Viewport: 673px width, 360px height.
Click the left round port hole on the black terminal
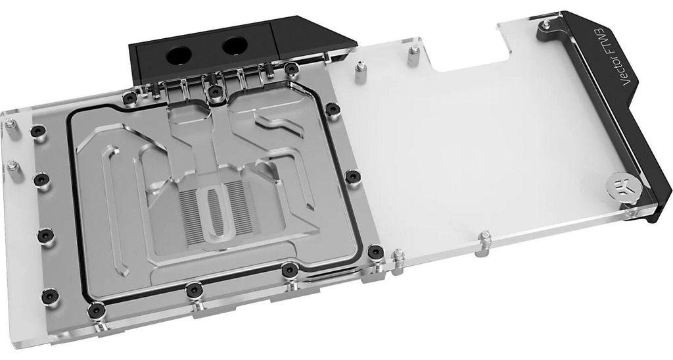(x=179, y=55)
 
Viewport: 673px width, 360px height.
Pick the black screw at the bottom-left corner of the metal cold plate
(x=96, y=310)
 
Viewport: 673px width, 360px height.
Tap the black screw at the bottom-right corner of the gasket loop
(x=375, y=251)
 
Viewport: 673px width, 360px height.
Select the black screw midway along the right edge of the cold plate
(x=352, y=176)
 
